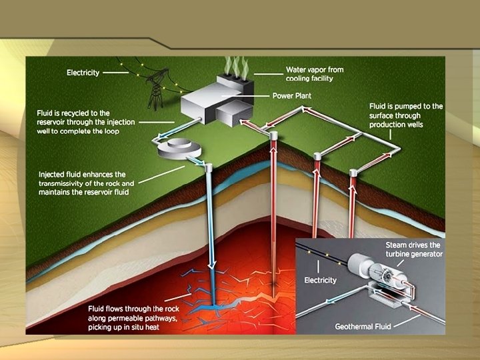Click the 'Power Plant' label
click(291, 95)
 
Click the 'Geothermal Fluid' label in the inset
click(365, 327)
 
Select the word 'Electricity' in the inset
click(320, 280)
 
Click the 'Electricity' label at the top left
click(83, 72)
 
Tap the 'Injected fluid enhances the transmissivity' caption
click(87, 183)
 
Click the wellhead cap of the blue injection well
click(209, 167)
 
